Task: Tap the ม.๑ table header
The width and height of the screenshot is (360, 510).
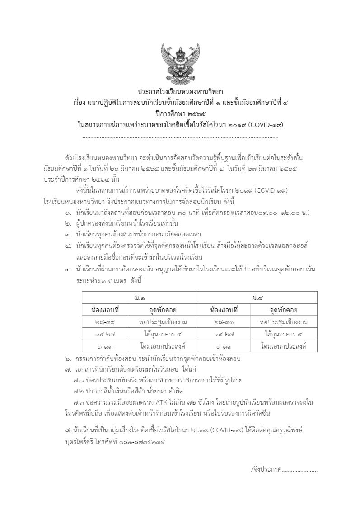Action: pos(140,298)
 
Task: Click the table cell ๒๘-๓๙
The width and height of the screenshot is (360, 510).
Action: pos(105,322)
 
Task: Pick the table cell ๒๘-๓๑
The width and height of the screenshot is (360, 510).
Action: pos(224,322)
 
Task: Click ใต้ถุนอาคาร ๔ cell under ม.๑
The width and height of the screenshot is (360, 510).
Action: pos(163,334)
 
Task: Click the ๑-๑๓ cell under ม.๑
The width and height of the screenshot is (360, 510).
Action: pos(105,346)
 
